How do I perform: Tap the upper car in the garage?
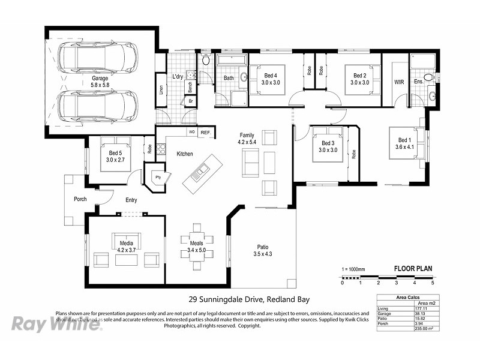click(x=97, y=58)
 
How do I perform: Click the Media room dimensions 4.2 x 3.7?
click(x=126, y=250)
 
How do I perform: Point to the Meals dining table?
click(x=197, y=245)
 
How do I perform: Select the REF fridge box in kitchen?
click(x=205, y=132)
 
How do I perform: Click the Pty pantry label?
click(x=158, y=178)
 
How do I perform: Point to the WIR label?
click(x=398, y=80)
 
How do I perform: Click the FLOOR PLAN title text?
click(x=413, y=269)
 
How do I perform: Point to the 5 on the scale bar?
click(x=432, y=283)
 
